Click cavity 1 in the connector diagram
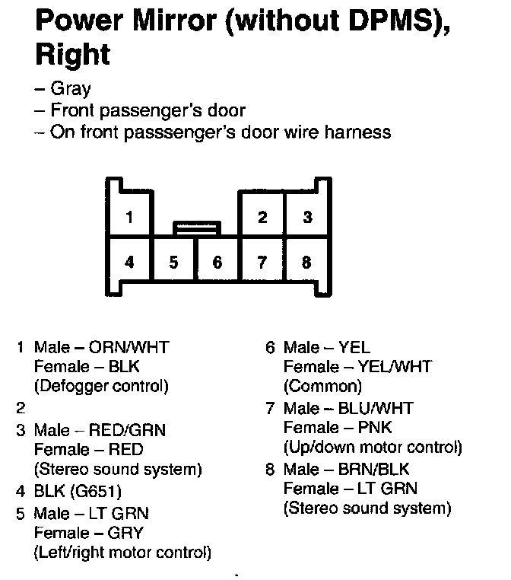tap(130, 218)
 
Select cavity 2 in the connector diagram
tap(262, 218)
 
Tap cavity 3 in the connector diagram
tap(307, 218)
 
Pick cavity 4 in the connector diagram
tap(130, 263)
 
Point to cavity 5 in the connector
tap(174, 263)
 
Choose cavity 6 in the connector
tap(217, 263)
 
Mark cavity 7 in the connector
tap(262, 263)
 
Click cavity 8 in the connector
tap(307, 263)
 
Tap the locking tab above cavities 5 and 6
tap(197, 228)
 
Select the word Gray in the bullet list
tap(71, 89)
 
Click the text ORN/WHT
tap(129, 348)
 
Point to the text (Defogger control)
tap(100, 385)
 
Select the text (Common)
tap(322, 386)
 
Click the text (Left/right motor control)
tap(122, 552)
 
